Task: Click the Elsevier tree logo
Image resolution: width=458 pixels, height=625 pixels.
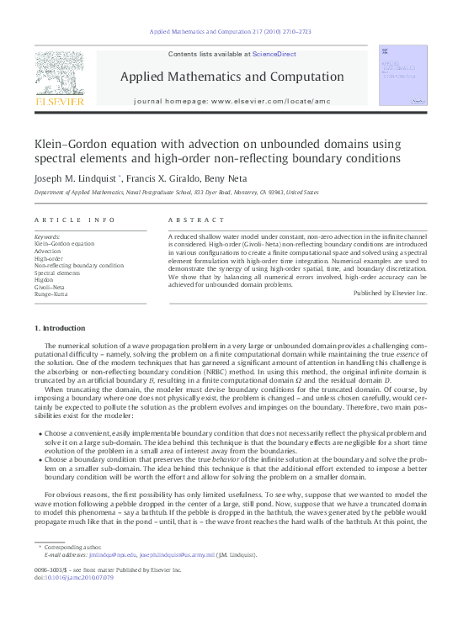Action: point(59,73)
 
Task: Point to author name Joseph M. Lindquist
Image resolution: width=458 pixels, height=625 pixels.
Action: point(77,178)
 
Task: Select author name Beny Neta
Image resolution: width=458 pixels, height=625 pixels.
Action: point(223,178)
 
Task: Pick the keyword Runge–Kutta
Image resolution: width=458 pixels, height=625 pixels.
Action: point(51,295)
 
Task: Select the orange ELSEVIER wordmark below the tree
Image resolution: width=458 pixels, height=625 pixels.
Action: point(59,102)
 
